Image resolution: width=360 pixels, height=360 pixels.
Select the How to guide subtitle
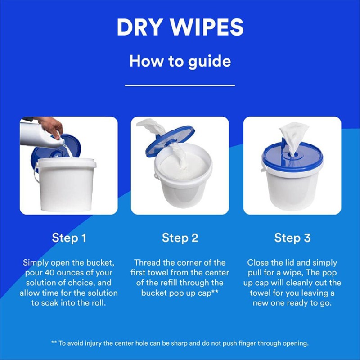pyautogui.click(x=180, y=61)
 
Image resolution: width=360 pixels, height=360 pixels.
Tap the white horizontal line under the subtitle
pyautogui.click(x=180, y=85)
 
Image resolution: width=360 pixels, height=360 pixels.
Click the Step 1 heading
pyautogui.click(x=69, y=238)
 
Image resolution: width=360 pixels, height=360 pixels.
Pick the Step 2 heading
pyautogui.click(x=180, y=238)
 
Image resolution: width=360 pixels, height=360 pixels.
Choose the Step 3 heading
pyautogui.click(x=292, y=238)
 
